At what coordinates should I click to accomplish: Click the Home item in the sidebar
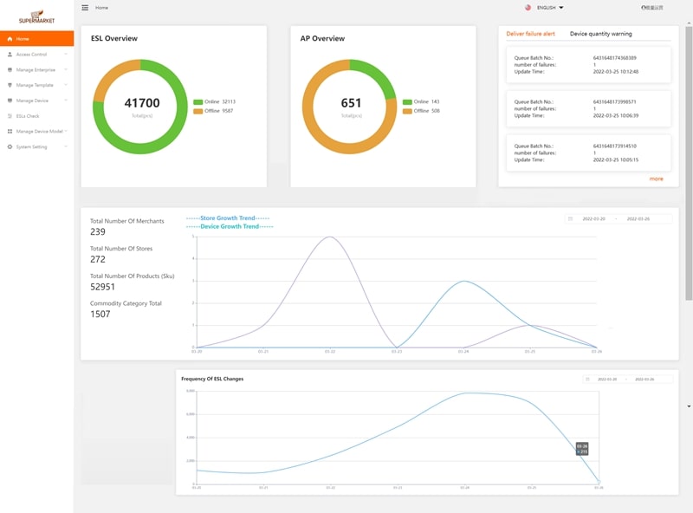pos(23,39)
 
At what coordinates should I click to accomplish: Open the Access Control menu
pos(31,55)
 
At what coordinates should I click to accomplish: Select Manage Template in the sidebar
pos(35,85)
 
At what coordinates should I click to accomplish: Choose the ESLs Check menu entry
pos(28,116)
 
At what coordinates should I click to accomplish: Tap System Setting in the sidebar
pos(31,147)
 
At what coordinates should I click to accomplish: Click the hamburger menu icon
pos(85,8)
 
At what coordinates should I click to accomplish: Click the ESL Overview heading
pos(114,39)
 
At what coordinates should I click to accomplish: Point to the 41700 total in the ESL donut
pos(142,103)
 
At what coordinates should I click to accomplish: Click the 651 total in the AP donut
pos(351,103)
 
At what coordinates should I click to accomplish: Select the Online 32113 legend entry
pos(215,101)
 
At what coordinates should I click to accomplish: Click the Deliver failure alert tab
pos(530,34)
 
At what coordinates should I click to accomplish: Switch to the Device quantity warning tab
pos(600,34)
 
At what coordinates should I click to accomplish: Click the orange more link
pos(656,179)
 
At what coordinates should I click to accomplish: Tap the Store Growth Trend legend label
pos(229,218)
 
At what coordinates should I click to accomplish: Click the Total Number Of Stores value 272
pos(98,259)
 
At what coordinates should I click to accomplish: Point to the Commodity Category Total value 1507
pos(100,314)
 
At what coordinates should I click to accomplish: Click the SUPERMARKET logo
pos(36,15)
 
